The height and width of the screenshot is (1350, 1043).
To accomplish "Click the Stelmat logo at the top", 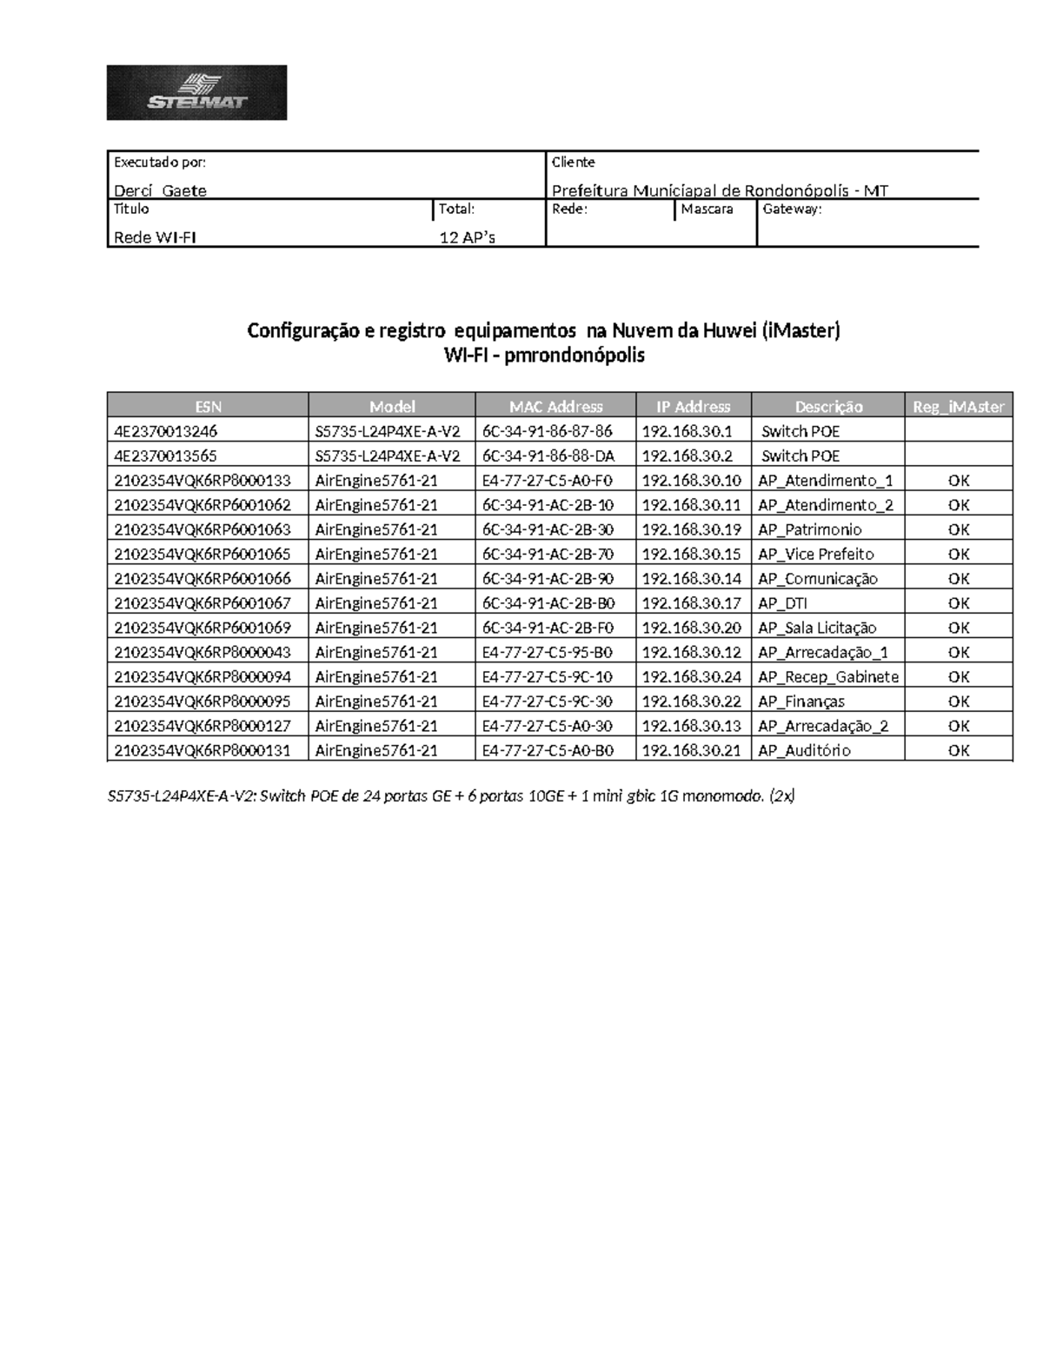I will (x=196, y=92).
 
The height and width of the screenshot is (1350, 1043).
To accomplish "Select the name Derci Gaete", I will (x=161, y=190).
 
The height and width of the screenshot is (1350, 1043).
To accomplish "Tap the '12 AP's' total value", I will (x=467, y=237).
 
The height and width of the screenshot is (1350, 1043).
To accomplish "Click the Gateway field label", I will (x=792, y=209).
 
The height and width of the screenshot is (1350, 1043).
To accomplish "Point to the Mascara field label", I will (x=707, y=209).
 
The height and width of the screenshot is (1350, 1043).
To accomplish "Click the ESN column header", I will (x=208, y=406).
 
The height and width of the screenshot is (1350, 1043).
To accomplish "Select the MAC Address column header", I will (x=555, y=406).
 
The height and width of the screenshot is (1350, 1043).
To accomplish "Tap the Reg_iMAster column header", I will (x=958, y=406).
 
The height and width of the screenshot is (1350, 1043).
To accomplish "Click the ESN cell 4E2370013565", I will (x=165, y=456).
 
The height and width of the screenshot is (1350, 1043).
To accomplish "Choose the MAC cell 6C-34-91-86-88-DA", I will (x=548, y=456).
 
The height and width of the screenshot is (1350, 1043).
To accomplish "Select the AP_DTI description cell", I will (x=783, y=602).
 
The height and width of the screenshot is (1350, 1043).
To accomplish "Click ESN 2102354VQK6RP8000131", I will (x=202, y=750).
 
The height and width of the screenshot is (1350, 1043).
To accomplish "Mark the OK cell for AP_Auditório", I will (x=958, y=750).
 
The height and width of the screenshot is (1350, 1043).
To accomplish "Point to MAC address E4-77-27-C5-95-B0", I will (x=547, y=652).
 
